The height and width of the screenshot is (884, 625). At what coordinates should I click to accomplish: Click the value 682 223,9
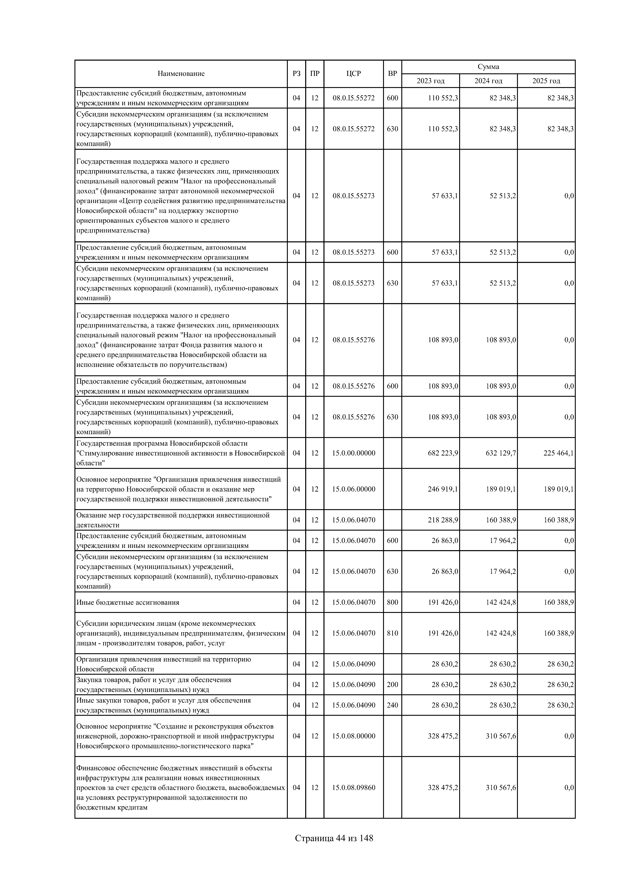(443, 453)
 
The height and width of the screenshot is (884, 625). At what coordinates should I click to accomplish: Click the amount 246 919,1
(443, 489)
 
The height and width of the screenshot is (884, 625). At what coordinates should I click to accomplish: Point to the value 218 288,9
(443, 520)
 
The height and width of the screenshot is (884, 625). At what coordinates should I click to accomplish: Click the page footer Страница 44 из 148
(334, 839)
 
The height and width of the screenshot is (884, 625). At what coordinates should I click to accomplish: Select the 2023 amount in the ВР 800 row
(443, 603)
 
